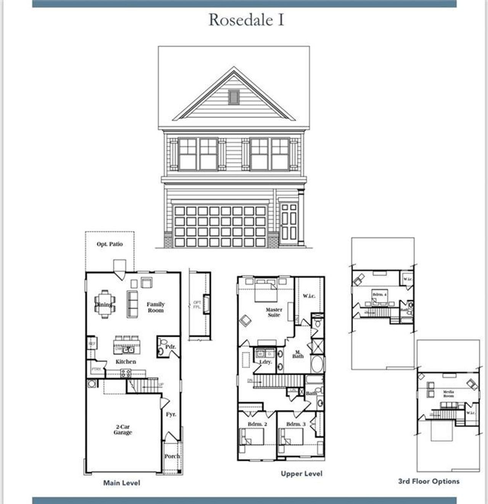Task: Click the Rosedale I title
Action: pyautogui.click(x=246, y=20)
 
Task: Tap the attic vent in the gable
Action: pyautogui.click(x=234, y=97)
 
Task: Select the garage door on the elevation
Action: pyautogui.click(x=220, y=226)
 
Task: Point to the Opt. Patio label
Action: pyautogui.click(x=110, y=244)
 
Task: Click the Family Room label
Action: pyautogui.click(x=156, y=307)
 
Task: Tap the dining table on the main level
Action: pyautogui.click(x=104, y=304)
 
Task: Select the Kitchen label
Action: pyautogui.click(x=126, y=362)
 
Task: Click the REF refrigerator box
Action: pyautogui.click(x=92, y=344)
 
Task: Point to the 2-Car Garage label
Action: pyautogui.click(x=122, y=430)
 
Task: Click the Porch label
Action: pyautogui.click(x=172, y=456)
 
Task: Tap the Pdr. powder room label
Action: pyautogui.click(x=170, y=347)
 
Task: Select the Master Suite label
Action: pyautogui.click(x=274, y=312)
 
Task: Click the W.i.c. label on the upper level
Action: pyautogui.click(x=309, y=296)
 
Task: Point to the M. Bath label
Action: pyautogui.click(x=298, y=354)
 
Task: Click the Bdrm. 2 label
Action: pyautogui.click(x=257, y=424)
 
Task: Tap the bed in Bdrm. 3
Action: pyautogui.click(x=291, y=436)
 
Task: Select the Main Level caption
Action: pyautogui.click(x=122, y=483)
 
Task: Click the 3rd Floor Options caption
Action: pyautogui.click(x=429, y=481)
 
